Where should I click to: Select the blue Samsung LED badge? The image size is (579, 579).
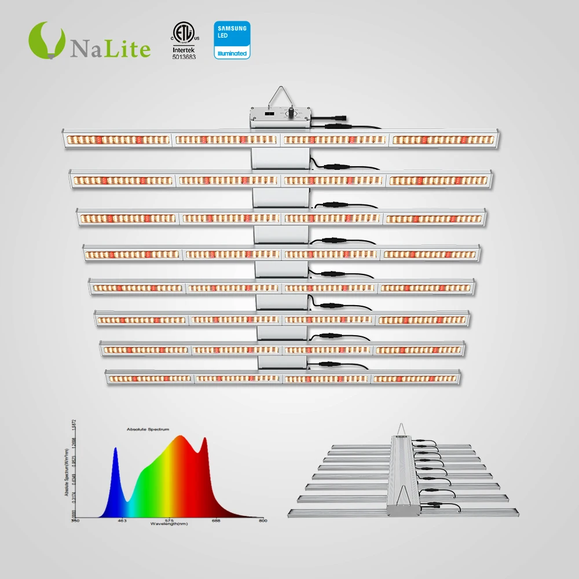(232, 39)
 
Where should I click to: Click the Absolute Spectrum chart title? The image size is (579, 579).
(148, 430)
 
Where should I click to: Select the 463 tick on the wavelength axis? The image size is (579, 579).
(122, 521)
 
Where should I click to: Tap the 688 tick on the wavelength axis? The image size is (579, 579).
(216, 521)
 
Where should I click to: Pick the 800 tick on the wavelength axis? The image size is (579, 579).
(262, 521)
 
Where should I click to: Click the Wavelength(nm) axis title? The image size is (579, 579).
(168, 524)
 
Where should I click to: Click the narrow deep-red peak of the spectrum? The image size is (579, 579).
(204, 441)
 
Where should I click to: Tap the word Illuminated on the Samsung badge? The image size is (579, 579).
(232, 54)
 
